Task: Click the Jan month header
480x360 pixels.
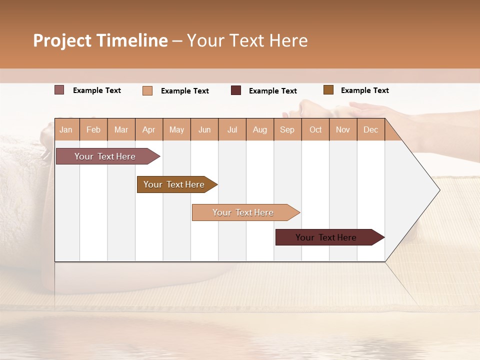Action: pyautogui.click(x=66, y=129)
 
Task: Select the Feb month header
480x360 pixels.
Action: pyautogui.click(x=93, y=129)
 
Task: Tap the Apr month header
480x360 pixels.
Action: pyautogui.click(x=148, y=129)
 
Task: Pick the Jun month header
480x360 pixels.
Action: pyautogui.click(x=204, y=129)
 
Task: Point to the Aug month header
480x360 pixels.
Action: pyautogui.click(x=259, y=129)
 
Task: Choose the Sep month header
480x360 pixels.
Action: pyautogui.click(x=287, y=129)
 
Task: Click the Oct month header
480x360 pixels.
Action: pyautogui.click(x=315, y=129)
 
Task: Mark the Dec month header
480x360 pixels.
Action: pyautogui.click(x=370, y=129)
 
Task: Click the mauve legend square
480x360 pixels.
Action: pyautogui.click(x=59, y=90)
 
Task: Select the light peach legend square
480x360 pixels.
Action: pyautogui.click(x=147, y=90)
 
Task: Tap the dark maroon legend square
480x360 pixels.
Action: pyautogui.click(x=236, y=90)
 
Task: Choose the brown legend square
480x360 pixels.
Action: pyautogui.click(x=328, y=90)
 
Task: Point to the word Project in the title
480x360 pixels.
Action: pyautogui.click(x=62, y=40)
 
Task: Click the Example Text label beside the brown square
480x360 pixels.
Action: pyautogui.click(x=364, y=90)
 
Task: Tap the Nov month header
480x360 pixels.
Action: pyautogui.click(x=343, y=129)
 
